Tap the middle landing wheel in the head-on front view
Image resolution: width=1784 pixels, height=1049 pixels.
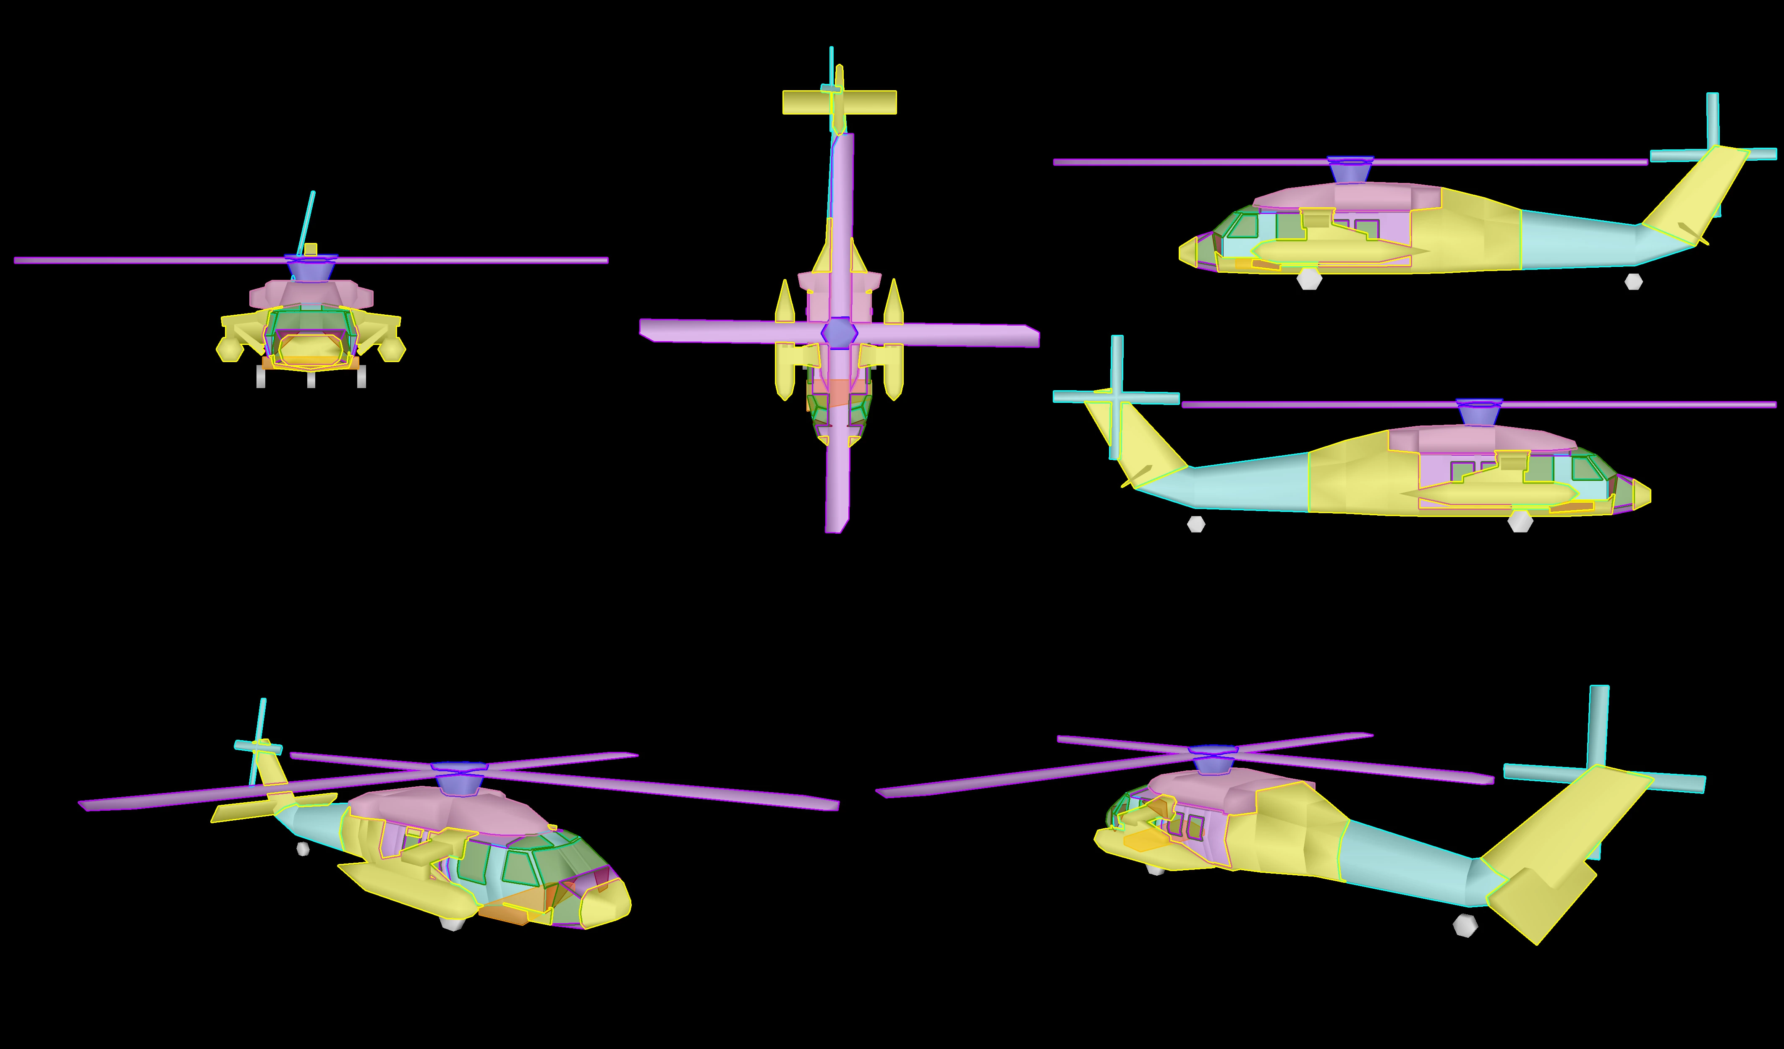click(x=311, y=380)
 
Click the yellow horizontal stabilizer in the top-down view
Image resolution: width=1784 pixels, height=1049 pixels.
click(x=840, y=102)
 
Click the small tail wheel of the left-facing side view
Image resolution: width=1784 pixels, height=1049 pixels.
click(x=1633, y=281)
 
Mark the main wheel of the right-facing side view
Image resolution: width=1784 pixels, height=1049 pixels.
click(x=1520, y=522)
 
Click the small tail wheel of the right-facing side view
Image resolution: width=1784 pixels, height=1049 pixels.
click(x=1196, y=524)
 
